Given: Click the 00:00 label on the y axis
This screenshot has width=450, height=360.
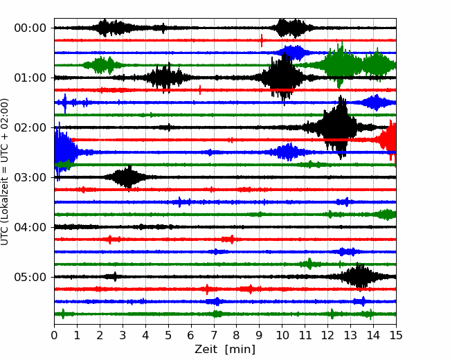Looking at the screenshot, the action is [x=30, y=28].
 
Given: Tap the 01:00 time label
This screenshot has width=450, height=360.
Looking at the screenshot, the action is [x=30, y=78].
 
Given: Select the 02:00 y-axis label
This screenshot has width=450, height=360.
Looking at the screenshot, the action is [x=30, y=127].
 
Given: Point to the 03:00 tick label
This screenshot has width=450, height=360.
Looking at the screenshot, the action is [x=30, y=177].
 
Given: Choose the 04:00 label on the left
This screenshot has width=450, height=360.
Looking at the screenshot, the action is [x=30, y=227].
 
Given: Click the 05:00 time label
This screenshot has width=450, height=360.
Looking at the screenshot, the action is [x=30, y=277].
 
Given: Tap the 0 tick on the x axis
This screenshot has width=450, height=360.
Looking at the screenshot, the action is [x=54, y=335].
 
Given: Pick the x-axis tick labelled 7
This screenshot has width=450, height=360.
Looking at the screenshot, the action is [x=214, y=335].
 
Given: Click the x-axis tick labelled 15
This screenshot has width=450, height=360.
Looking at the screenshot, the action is [x=396, y=335].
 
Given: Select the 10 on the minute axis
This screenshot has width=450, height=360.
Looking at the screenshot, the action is [x=282, y=335].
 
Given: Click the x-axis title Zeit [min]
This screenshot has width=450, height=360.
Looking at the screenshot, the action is [x=225, y=350].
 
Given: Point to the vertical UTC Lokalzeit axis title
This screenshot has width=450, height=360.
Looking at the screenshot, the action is [x=5, y=172].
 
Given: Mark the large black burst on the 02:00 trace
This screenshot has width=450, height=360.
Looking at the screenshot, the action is [x=339, y=127].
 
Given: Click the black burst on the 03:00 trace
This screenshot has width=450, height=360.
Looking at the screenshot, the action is [x=127, y=177].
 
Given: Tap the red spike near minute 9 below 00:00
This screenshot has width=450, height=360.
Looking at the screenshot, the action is [x=262, y=40].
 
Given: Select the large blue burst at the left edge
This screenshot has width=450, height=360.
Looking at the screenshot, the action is [x=64, y=152].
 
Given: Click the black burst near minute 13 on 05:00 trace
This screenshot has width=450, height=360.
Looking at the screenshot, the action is [x=359, y=277].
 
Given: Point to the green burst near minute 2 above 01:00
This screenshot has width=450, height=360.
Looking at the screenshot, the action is [x=101, y=65].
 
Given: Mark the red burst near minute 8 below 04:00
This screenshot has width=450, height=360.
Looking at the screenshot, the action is [x=229, y=239].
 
